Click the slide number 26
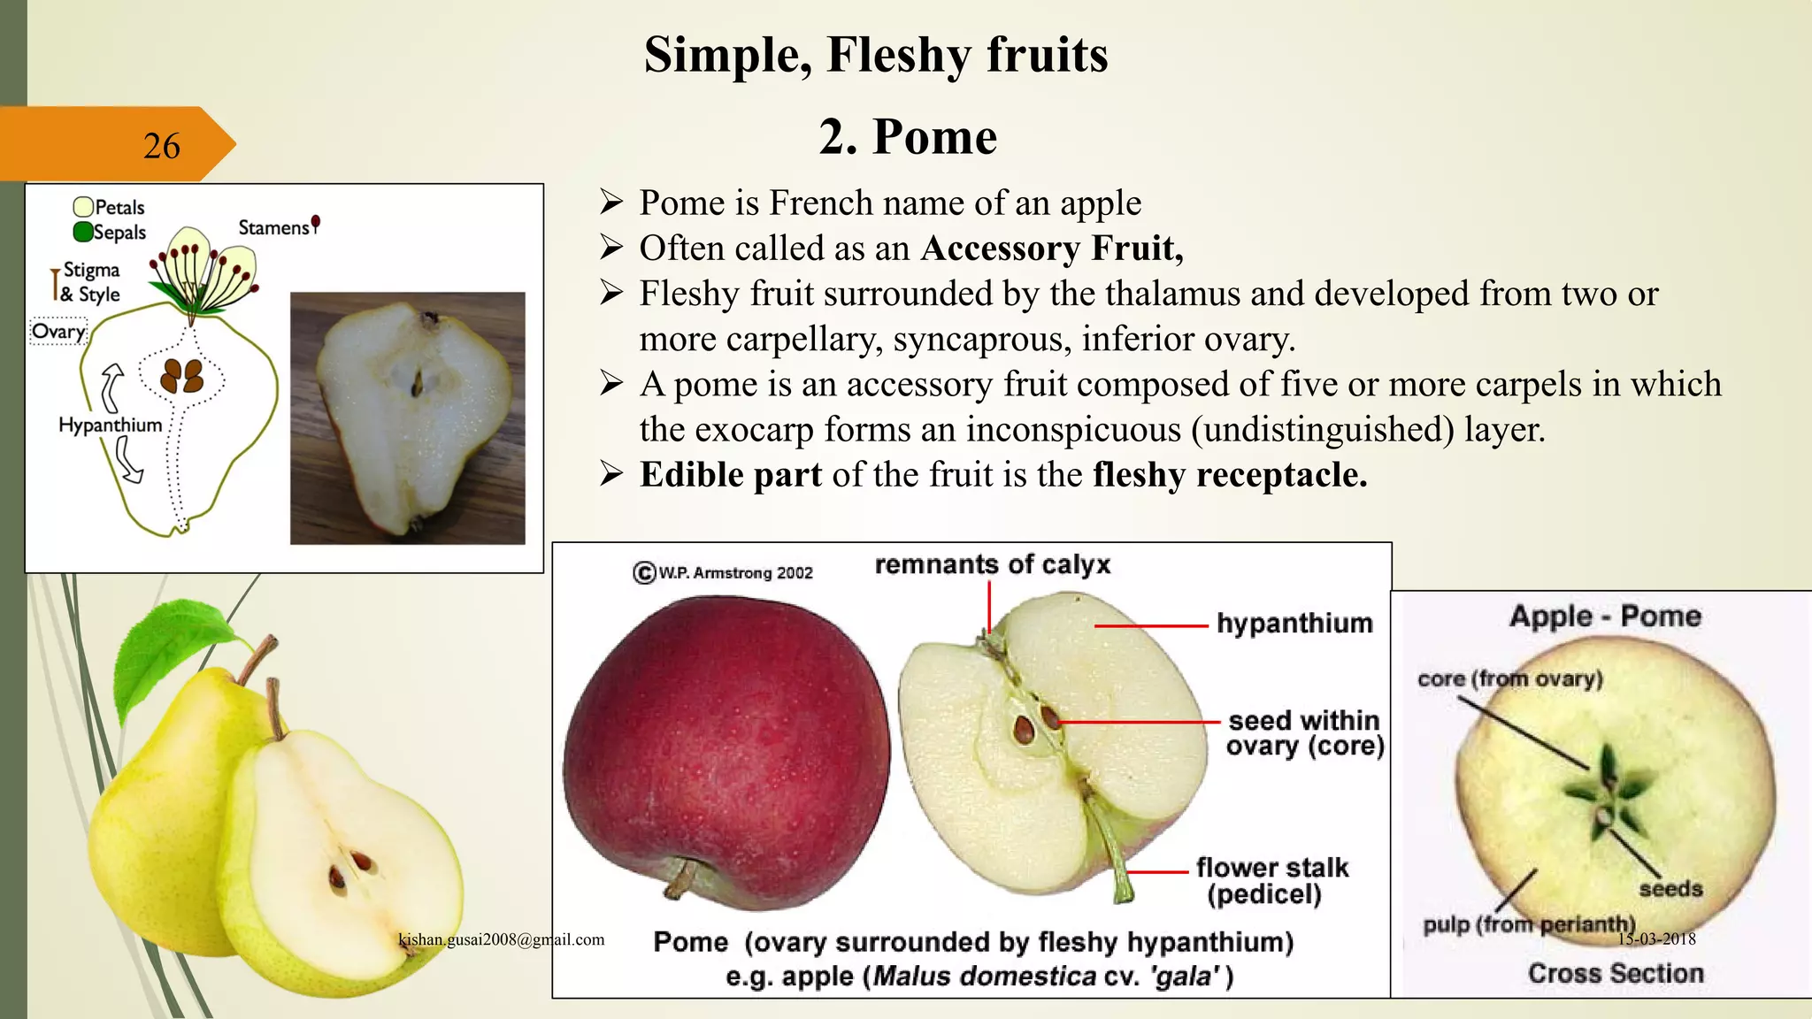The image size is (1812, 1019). click(161, 146)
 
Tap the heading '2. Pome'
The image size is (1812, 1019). click(908, 137)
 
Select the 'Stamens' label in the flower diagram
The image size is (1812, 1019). click(273, 227)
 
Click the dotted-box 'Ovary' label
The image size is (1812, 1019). click(59, 332)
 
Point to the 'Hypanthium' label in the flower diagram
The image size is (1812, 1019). click(111, 425)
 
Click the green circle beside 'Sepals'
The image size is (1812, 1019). click(83, 233)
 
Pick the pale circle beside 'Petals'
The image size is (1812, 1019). click(83, 207)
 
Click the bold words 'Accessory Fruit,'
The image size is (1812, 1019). click(1051, 249)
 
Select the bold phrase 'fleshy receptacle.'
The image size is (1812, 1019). click(1230, 475)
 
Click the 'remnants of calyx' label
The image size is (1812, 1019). click(992, 564)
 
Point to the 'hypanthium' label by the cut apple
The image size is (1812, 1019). click(1294, 623)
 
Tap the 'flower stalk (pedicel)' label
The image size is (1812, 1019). click(1271, 880)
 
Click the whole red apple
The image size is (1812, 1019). click(726, 752)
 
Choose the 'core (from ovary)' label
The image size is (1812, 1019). click(1509, 678)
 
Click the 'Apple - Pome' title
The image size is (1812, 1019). click(1605, 616)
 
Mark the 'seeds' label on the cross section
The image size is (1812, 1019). click(1670, 888)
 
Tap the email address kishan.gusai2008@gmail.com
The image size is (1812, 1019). click(502, 939)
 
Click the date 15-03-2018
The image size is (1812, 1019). click(1656, 939)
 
